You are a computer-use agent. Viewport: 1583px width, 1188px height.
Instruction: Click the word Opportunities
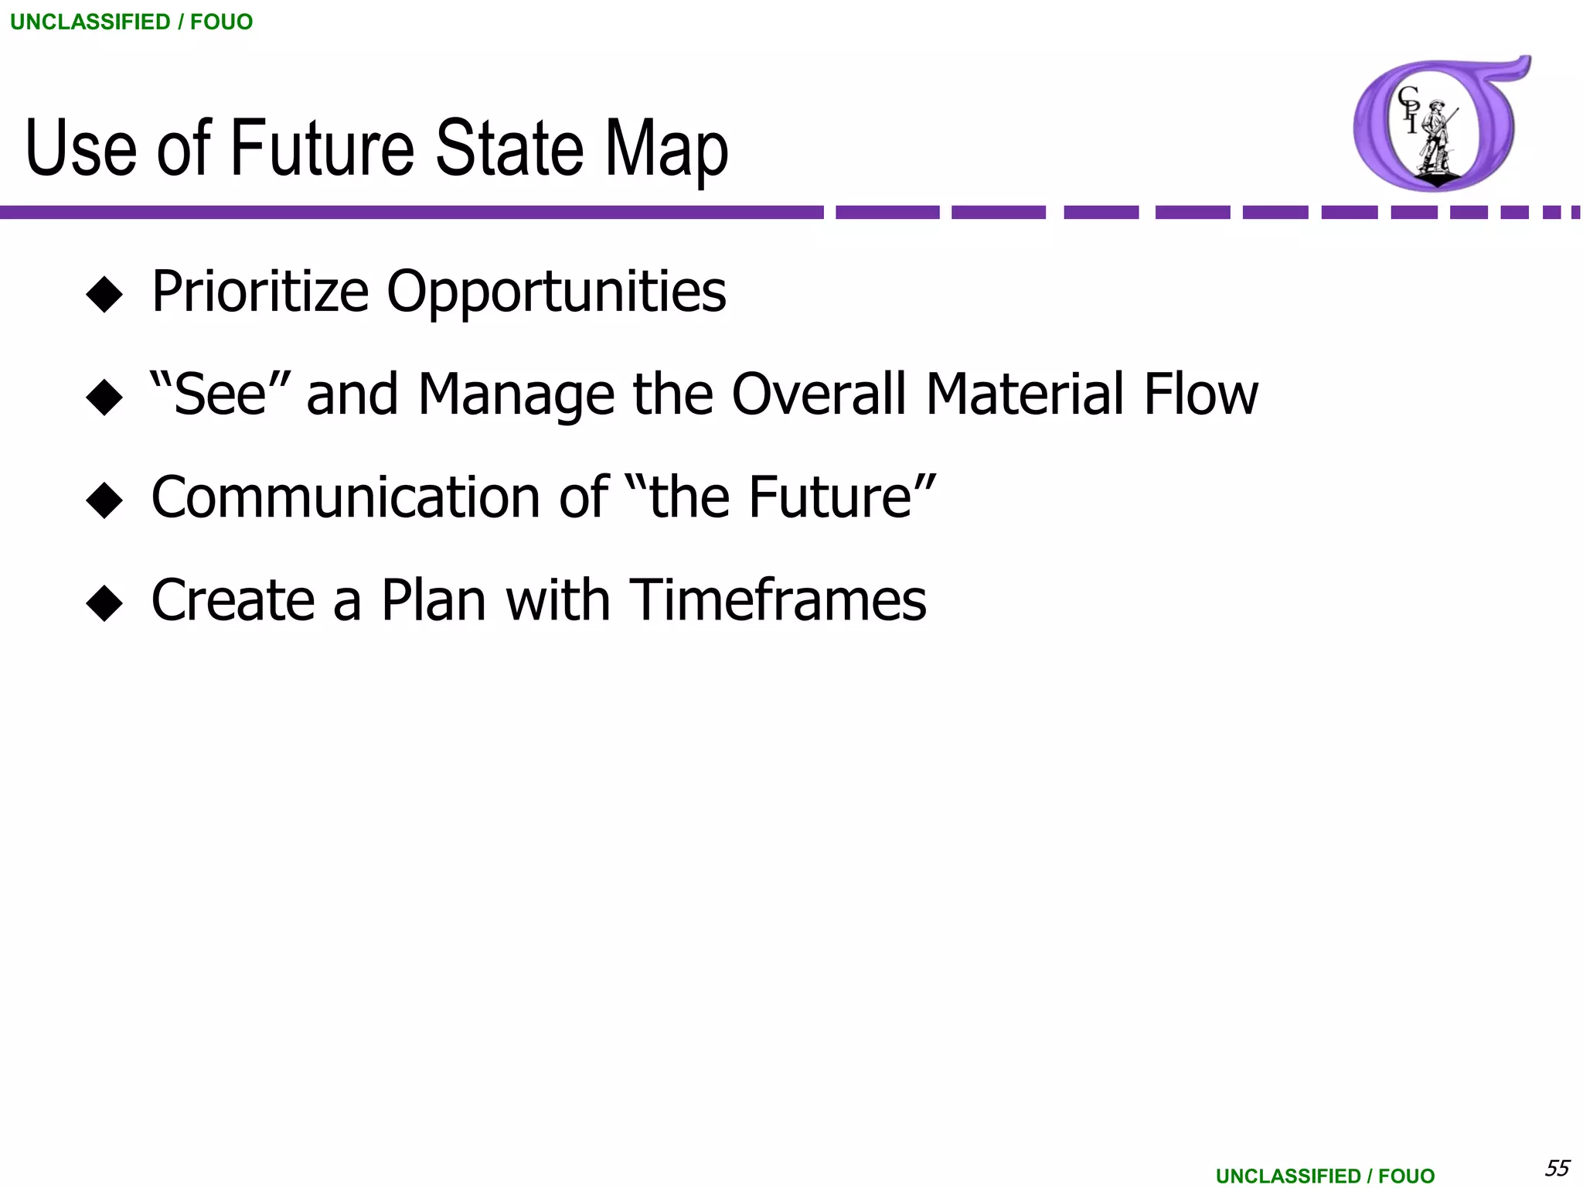pyautogui.click(x=556, y=292)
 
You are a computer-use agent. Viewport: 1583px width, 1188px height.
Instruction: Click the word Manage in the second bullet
pyautogui.click(x=516, y=394)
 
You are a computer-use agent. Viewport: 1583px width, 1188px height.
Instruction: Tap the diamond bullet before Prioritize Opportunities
pyautogui.click(x=104, y=295)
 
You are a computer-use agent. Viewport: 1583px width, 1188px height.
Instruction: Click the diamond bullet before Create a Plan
pyautogui.click(x=104, y=603)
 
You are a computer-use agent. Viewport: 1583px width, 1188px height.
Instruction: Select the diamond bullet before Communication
pyautogui.click(x=104, y=500)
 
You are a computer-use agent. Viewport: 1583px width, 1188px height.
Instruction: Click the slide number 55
pyautogui.click(x=1556, y=1166)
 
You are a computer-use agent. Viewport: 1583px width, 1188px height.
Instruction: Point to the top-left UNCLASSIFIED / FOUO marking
pyautogui.click(x=131, y=22)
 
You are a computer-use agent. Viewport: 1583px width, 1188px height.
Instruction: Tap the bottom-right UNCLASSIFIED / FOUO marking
pyautogui.click(x=1325, y=1176)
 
